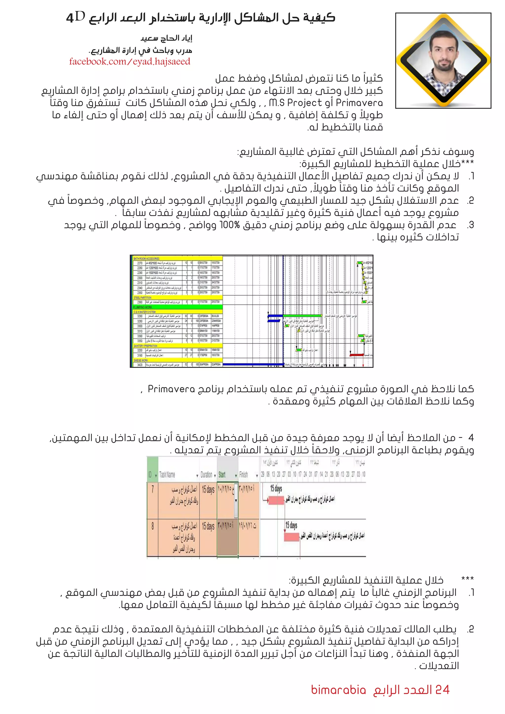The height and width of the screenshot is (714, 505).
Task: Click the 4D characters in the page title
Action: [x=75, y=18]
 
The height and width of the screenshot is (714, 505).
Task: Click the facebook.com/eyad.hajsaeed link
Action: [x=129, y=62]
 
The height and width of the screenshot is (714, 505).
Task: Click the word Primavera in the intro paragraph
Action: [x=360, y=103]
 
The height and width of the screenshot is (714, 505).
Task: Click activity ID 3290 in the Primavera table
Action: [x=140, y=316]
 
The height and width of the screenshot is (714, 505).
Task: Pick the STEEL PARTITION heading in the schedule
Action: [x=143, y=298]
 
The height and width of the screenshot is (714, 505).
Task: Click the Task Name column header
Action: [x=167, y=475]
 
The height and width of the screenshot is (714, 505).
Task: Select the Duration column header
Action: [x=206, y=475]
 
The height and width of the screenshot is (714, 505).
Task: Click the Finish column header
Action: [x=243, y=475]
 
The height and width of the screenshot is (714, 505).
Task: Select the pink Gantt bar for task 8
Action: [x=291, y=537]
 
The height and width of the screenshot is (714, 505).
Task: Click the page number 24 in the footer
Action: [x=442, y=690]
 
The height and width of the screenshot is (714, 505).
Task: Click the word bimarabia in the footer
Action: [x=338, y=690]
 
